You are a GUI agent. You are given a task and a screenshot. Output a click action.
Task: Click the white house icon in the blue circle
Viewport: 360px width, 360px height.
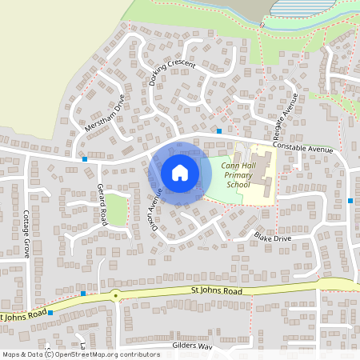179,172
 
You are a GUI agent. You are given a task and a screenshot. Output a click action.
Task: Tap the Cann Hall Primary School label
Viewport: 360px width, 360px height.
238,174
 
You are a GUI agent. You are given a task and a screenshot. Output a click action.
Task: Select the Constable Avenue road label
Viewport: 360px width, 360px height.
302,148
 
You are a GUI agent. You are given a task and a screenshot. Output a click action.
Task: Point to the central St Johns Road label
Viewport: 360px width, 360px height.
216,291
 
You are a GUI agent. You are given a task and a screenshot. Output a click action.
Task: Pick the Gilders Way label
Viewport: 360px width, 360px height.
192,346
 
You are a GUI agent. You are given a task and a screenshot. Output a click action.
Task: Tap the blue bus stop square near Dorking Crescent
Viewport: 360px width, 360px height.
219,130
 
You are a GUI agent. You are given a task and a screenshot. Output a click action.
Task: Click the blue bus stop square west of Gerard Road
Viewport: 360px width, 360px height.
85,159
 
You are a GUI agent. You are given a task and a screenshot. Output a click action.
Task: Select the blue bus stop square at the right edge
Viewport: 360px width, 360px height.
350,200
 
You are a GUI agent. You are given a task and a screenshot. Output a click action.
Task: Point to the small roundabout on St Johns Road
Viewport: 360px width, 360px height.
116,295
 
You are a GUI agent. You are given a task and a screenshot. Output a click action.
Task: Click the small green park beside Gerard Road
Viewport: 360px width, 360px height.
118,210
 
